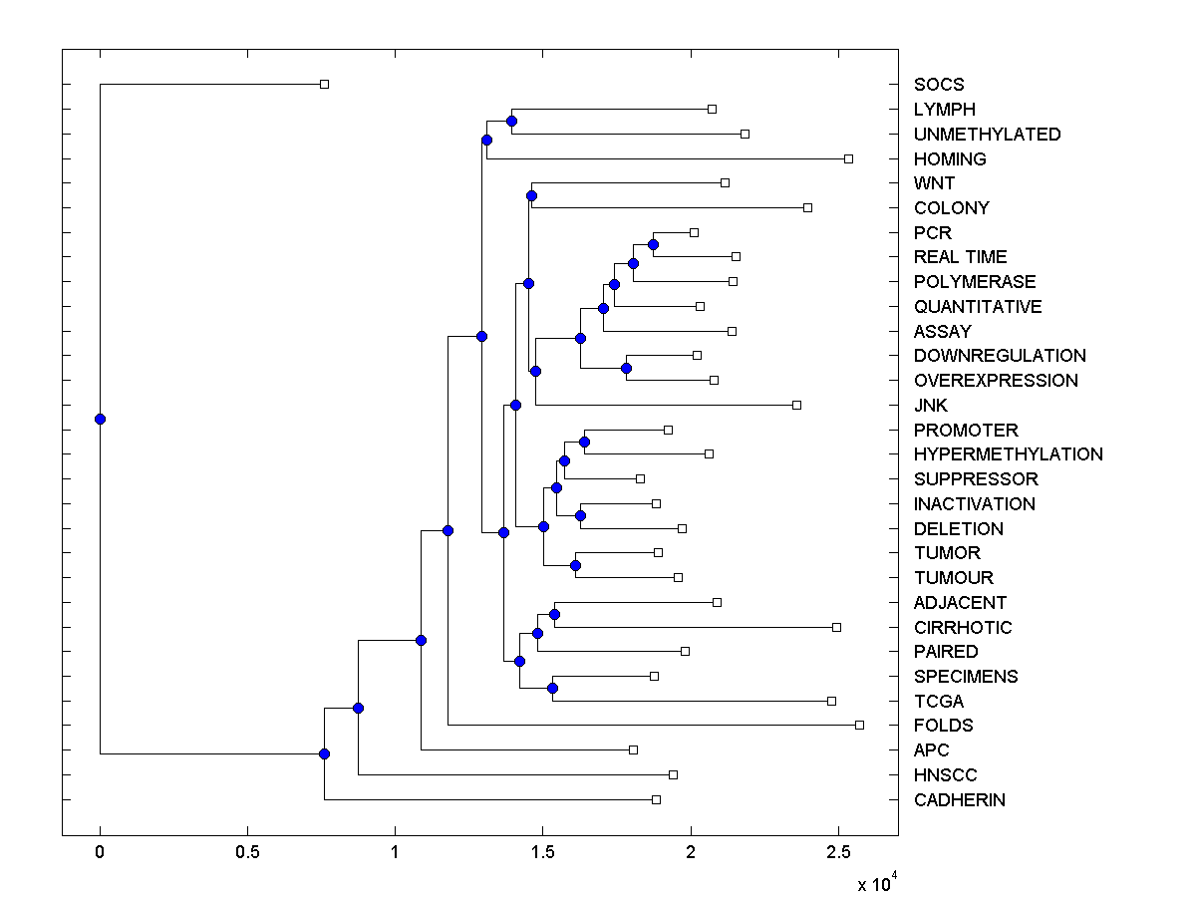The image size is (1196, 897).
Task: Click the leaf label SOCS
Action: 939,85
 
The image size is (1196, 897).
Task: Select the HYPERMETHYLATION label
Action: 1008,454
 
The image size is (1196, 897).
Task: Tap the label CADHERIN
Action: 959,800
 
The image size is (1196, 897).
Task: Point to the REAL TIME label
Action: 960,257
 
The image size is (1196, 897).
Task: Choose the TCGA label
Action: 939,702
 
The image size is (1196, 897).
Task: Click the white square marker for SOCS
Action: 324,85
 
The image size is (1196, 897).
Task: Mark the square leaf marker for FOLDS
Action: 859,726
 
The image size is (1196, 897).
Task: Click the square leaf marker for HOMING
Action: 848,158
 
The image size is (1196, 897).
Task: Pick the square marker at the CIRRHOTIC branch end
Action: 836,627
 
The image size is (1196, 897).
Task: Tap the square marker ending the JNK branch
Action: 796,405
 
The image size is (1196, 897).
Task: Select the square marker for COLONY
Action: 807,207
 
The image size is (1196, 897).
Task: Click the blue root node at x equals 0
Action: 100,419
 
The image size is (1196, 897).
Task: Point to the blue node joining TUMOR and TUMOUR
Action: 575,565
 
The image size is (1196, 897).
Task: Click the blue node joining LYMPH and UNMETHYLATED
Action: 511,122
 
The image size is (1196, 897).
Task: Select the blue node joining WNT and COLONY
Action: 531,195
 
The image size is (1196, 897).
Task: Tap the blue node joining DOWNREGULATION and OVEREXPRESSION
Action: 626,368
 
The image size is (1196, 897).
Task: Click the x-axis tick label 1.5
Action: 542,853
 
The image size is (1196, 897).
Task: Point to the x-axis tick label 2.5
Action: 838,853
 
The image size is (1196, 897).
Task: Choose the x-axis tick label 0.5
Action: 247,853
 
